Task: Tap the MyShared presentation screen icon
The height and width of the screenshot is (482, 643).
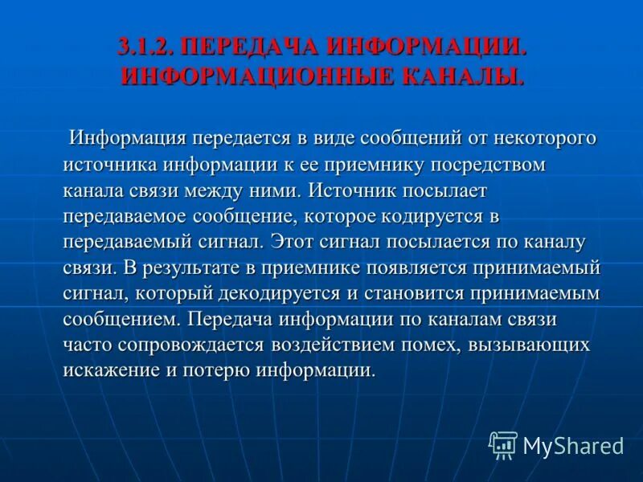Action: pos(503,444)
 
